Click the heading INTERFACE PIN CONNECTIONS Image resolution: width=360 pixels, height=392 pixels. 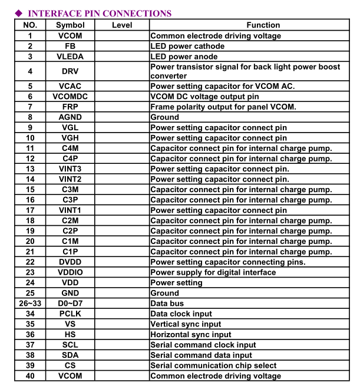tap(100, 13)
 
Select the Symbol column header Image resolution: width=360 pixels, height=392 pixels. tap(70, 25)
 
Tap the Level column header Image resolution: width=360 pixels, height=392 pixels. tap(121, 25)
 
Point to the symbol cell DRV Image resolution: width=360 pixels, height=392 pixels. tap(70, 71)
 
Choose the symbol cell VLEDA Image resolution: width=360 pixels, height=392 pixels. tap(70, 57)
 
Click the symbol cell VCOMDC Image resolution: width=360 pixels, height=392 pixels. tap(70, 97)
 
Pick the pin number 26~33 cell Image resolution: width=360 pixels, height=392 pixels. tap(30, 304)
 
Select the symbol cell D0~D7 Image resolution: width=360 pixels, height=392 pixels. tap(70, 304)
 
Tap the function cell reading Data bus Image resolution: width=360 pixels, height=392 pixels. tap(168, 304)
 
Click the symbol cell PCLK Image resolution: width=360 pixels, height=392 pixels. tap(70, 314)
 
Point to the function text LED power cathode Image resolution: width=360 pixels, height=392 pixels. tap(187, 46)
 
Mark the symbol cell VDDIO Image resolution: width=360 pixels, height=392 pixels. tap(70, 272)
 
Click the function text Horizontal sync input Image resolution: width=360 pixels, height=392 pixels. tap(191, 334)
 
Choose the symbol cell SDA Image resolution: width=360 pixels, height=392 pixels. tap(70, 355)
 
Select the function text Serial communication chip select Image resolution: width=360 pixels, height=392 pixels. tap(213, 365)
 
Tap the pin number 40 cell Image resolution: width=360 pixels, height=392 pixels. tap(30, 375)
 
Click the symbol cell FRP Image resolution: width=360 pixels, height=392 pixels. tap(70, 107)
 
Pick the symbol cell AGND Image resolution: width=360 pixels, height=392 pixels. tap(70, 117)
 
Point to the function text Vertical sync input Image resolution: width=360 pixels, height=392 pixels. tap(186, 324)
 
